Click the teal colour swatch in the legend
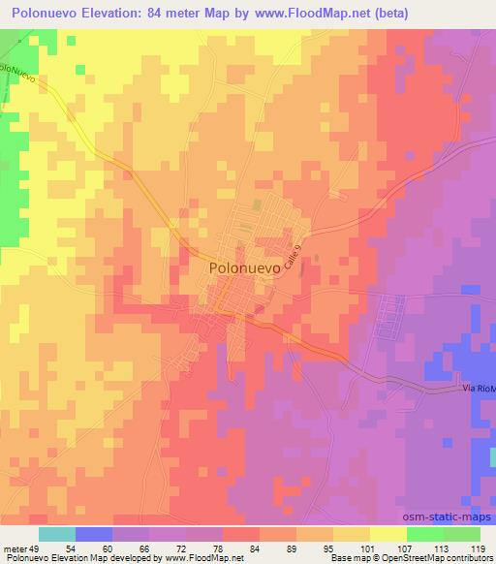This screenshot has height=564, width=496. [57, 534]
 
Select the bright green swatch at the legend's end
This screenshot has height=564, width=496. [462, 534]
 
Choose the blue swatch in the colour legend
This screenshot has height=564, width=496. [94, 534]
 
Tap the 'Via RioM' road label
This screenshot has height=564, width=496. [477, 390]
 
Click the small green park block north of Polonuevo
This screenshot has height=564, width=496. [257, 205]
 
